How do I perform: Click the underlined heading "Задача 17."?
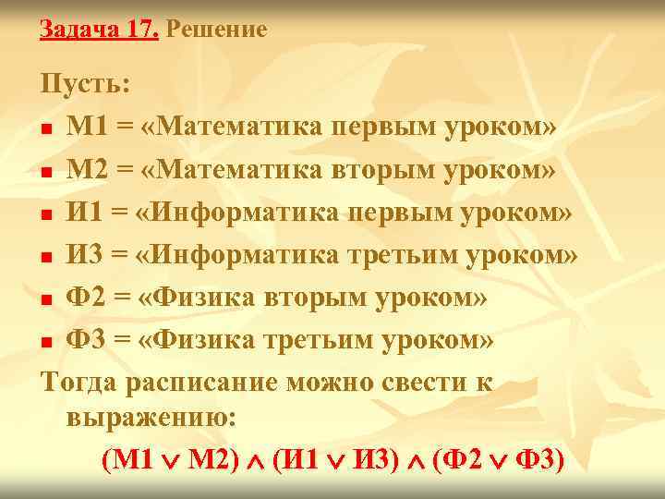click(x=100, y=30)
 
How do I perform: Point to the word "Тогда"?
click(x=77, y=382)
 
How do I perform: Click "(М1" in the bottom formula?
click(x=129, y=459)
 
